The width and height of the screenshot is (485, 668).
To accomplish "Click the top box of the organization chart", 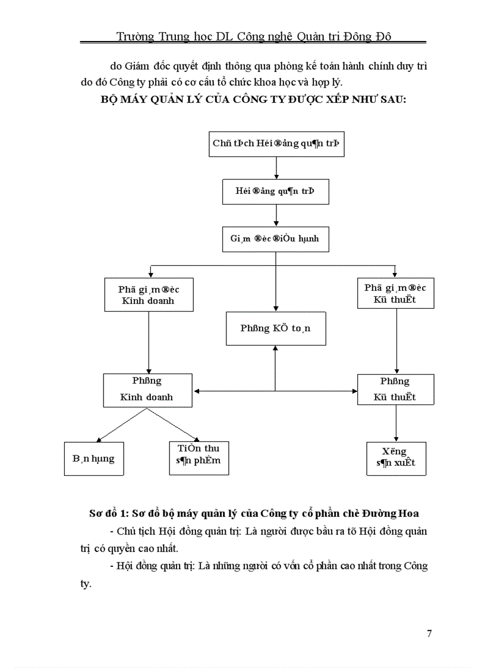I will point(276,143).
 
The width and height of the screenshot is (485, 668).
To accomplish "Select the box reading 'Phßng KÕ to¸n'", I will point(276,328).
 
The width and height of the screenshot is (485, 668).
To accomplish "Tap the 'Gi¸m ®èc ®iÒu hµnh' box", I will point(275,239).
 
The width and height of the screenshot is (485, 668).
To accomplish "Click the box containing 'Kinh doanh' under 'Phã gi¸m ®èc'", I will point(148,294).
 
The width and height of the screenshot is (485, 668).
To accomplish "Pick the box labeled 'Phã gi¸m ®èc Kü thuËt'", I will point(395,294).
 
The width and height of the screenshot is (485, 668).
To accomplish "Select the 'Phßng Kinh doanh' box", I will point(147,390).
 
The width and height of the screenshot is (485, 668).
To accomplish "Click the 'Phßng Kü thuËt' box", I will point(395,390).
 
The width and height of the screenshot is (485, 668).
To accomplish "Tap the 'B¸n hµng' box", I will point(94,459).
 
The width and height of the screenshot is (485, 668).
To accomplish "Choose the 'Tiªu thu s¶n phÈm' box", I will point(199,458).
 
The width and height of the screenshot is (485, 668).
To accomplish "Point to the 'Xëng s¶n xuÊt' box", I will point(396,458).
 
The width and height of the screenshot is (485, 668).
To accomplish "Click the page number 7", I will point(429,633).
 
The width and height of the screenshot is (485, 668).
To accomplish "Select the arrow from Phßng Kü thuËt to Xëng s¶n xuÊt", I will point(396,424).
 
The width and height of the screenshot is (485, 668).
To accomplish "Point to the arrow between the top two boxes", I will point(276,168).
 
